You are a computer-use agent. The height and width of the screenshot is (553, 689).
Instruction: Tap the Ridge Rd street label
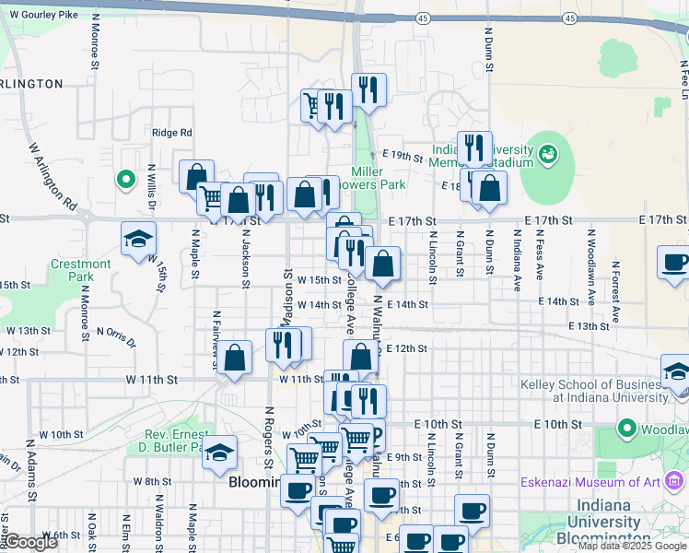tap(172, 133)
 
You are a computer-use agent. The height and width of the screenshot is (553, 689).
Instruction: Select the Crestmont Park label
tap(80, 270)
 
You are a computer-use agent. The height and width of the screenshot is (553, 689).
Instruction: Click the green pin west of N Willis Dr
tap(126, 179)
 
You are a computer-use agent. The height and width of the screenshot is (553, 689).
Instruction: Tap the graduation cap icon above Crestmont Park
tap(138, 239)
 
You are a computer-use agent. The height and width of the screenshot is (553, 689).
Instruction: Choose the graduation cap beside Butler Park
tap(220, 453)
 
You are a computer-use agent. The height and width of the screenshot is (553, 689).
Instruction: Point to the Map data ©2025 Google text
tap(632, 546)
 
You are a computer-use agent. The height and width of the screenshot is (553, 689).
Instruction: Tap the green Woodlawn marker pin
tap(628, 429)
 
